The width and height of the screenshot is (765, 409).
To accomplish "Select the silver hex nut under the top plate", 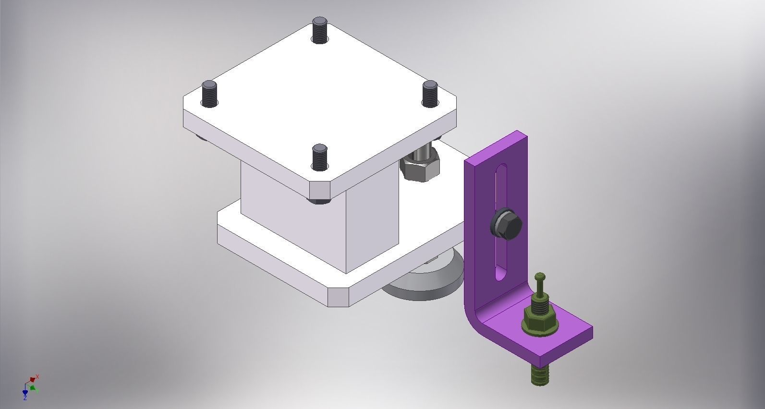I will tap(420, 167).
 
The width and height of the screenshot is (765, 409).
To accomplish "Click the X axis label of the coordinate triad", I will tap(37, 377).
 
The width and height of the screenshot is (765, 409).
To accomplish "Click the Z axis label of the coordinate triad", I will tap(25, 398).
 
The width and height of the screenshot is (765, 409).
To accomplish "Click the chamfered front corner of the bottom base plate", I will tap(338, 297).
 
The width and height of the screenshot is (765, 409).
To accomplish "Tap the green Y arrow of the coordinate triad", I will tap(33, 387).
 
